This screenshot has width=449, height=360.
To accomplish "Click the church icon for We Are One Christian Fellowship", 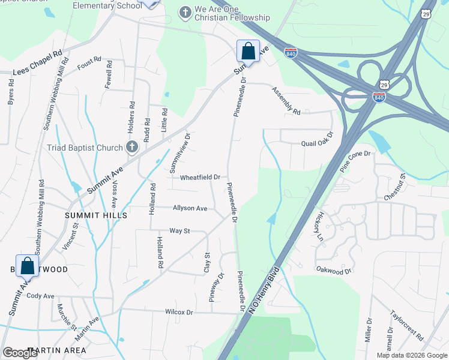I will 185,11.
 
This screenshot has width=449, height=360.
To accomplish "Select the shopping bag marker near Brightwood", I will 27,265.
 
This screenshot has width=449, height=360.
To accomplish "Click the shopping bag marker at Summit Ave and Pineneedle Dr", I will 247,51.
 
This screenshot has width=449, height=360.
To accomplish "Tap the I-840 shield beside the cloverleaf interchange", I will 379,97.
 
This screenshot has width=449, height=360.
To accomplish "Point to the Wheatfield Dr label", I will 200,177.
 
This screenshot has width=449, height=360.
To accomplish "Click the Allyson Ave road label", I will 190,208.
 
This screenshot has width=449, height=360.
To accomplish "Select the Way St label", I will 179,230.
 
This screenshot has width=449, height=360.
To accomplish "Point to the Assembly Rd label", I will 286,100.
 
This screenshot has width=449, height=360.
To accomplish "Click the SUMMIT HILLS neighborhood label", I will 97,215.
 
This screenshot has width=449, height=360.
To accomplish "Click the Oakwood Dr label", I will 333,271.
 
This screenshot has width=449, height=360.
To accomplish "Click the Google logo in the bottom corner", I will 20,353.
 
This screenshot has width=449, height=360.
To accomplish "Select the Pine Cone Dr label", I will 356,161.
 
